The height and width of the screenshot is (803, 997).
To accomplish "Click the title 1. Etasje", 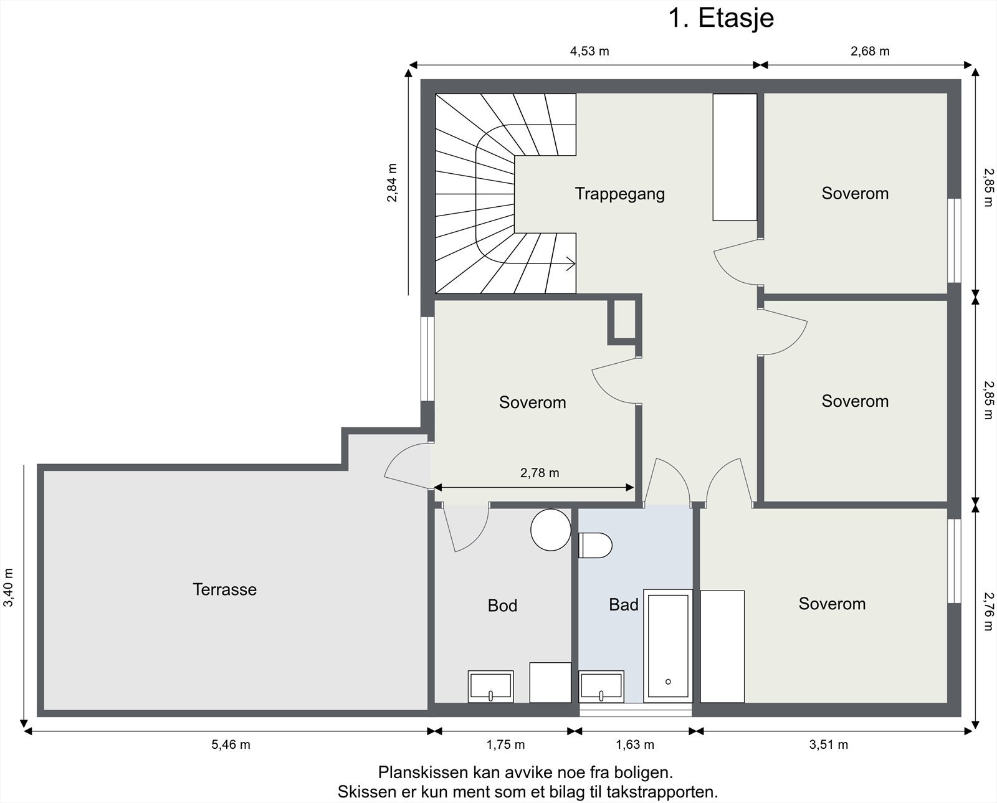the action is coord(721,18).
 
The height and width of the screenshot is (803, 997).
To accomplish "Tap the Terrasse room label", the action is coord(225,589).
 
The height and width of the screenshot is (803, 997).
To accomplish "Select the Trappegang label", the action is coord(620,194).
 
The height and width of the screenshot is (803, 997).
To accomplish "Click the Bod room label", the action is coord(502,606).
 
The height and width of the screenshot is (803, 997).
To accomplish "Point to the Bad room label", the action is coord(624,605).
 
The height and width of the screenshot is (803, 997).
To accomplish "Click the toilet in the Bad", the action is coord(595,545).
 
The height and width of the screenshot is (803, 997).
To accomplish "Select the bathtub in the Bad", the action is coord(668,646).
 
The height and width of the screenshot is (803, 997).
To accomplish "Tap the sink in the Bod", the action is coord(490,687).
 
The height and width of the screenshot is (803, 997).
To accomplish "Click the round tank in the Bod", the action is coord(551,530).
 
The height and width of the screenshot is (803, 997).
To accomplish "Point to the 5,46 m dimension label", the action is coord(231,744).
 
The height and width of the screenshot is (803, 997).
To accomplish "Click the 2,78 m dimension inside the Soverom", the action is coord(540,473).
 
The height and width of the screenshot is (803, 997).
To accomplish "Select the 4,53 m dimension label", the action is coord(589,51).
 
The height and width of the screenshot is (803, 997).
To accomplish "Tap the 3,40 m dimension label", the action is coord(9,587).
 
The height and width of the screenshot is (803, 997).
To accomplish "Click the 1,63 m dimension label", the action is coord(635,744).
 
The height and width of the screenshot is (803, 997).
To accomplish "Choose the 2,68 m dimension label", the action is coord(870,51).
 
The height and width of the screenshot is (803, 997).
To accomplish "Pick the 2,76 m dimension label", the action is coord(988,612).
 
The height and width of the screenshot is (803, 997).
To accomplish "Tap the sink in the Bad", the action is coord(601,687).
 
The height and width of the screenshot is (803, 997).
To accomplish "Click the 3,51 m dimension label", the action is coord(828,744).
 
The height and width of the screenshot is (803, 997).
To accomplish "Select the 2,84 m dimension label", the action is coord(392,183).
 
